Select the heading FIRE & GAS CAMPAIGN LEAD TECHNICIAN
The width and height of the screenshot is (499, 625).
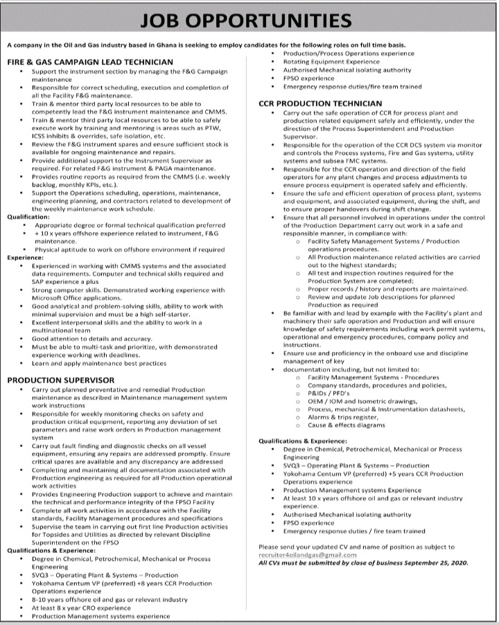pyautogui.click(x=90, y=62)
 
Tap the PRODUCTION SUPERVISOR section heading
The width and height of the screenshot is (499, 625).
pyautogui.click(x=61, y=380)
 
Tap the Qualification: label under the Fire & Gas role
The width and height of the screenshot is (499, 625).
pyautogui.click(x=28, y=216)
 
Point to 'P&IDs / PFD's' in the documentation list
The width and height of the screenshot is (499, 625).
pyautogui.click(x=326, y=392)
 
